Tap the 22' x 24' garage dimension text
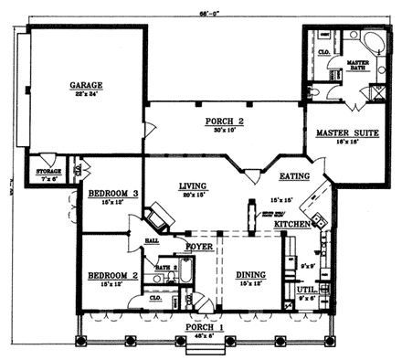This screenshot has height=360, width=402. [x=85, y=95]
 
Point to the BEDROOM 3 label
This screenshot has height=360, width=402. [x=112, y=194]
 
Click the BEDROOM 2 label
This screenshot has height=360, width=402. [x=111, y=275]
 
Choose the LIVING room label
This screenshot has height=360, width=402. [x=191, y=185]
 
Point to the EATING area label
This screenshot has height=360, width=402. [x=294, y=176]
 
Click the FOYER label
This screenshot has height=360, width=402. [x=200, y=247]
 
